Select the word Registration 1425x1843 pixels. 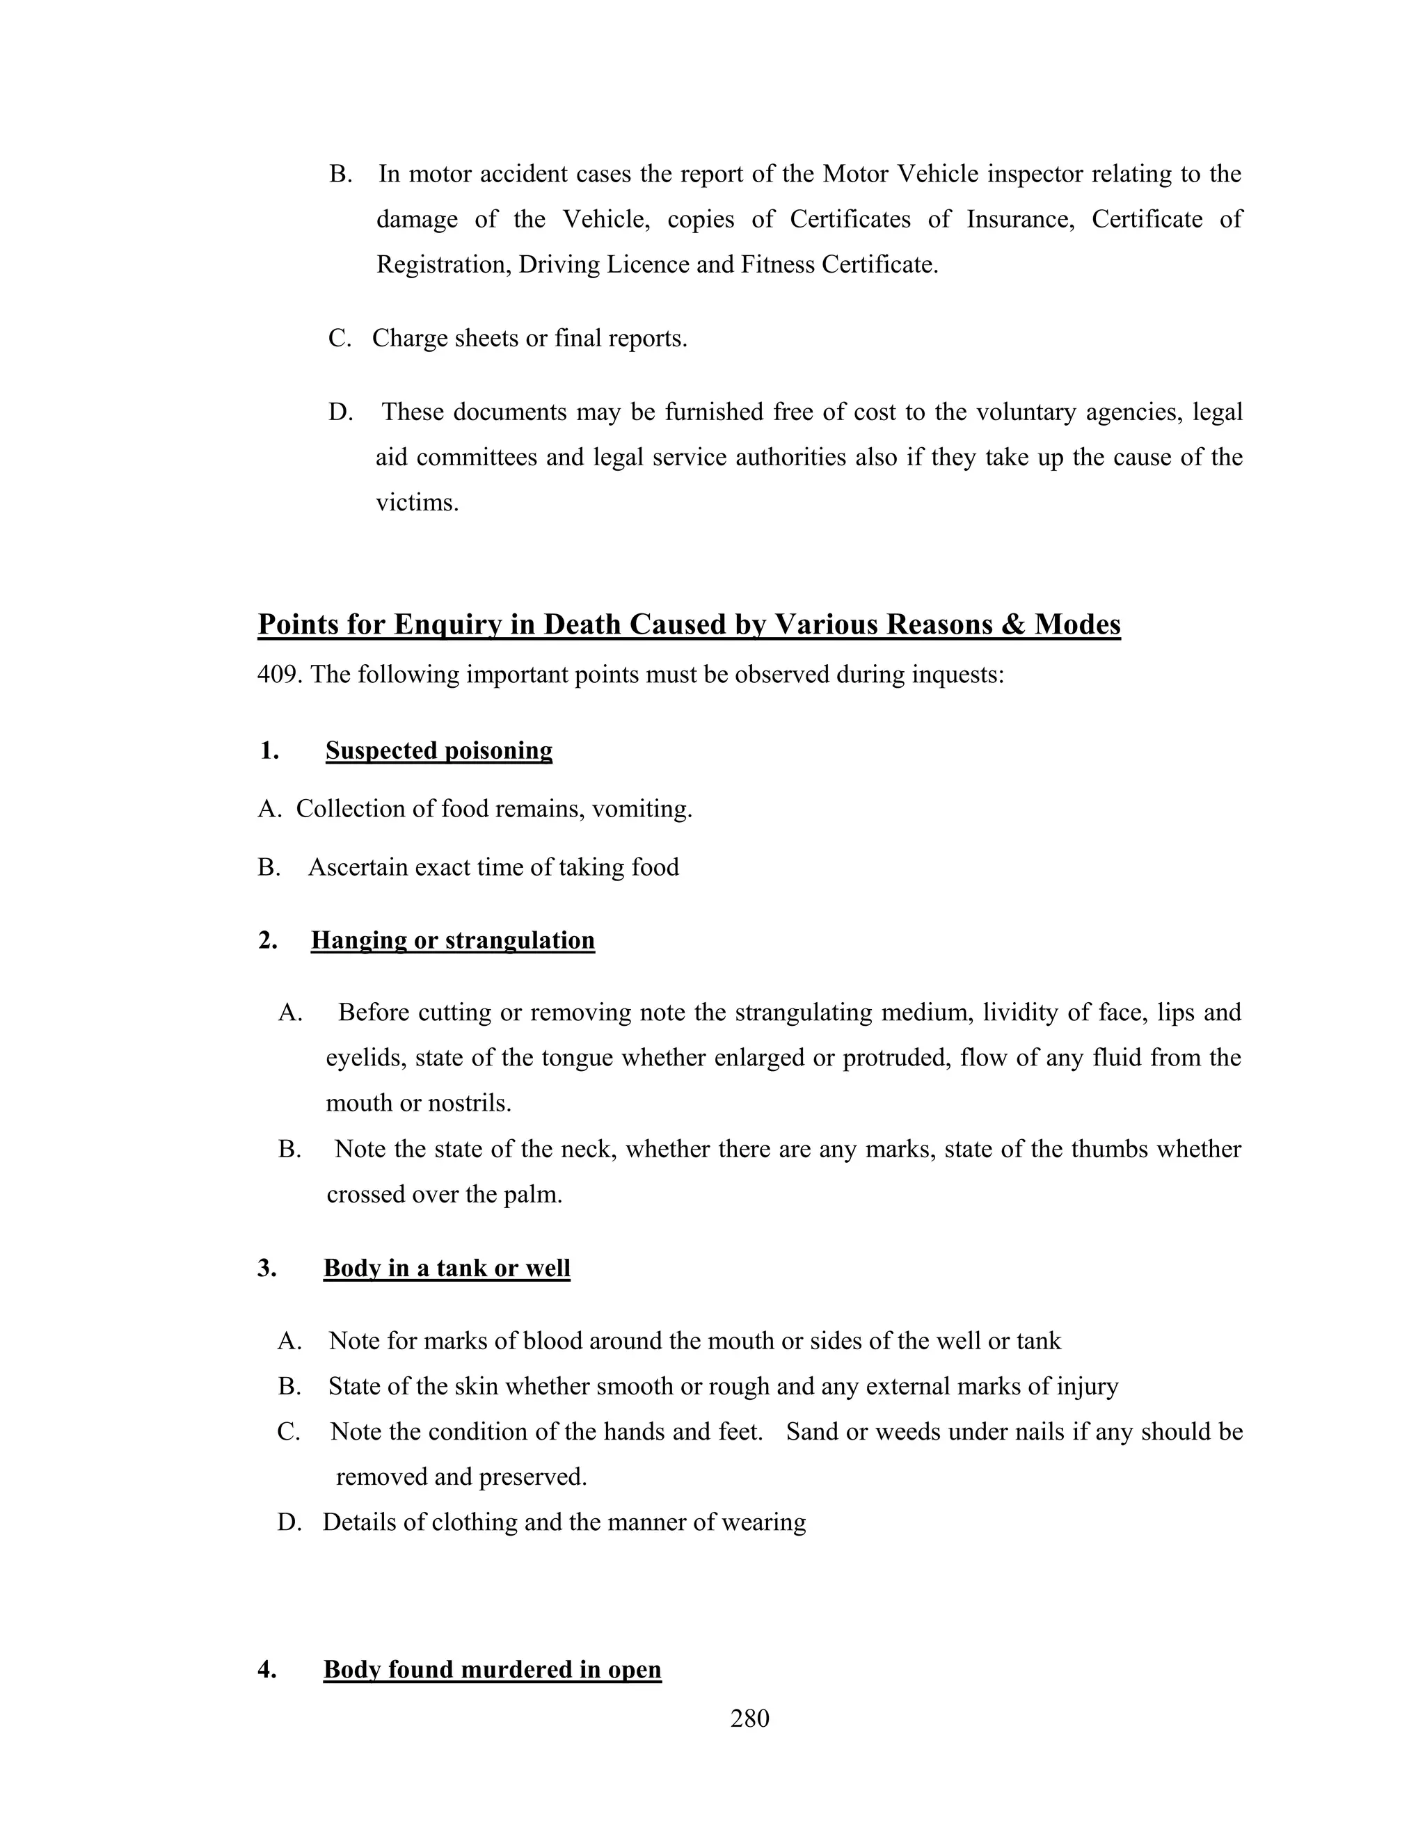443,265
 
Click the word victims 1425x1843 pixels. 416,503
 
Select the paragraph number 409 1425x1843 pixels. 280,675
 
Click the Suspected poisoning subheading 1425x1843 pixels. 439,750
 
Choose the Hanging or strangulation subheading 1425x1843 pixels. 452,940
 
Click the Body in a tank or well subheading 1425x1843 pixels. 447,1269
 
